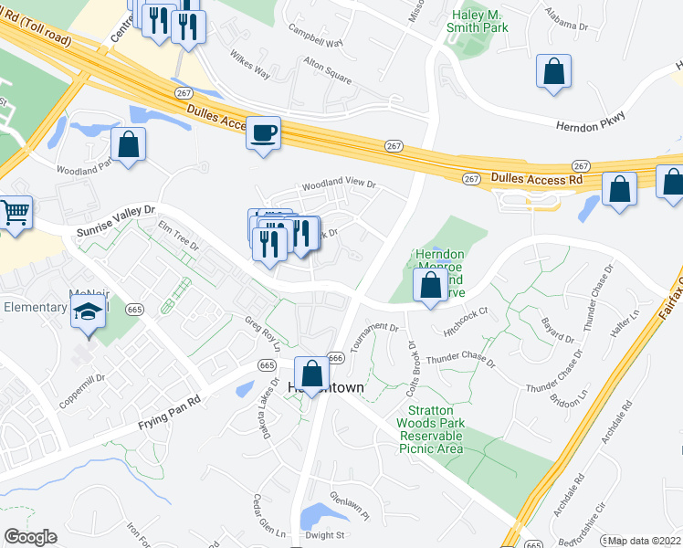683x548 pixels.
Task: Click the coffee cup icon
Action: click(263, 133)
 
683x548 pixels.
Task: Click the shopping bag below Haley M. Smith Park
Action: click(553, 71)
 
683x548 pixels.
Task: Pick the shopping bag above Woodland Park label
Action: click(129, 143)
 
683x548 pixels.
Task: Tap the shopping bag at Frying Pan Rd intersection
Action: click(312, 373)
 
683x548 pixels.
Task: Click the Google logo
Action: click(30, 536)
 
